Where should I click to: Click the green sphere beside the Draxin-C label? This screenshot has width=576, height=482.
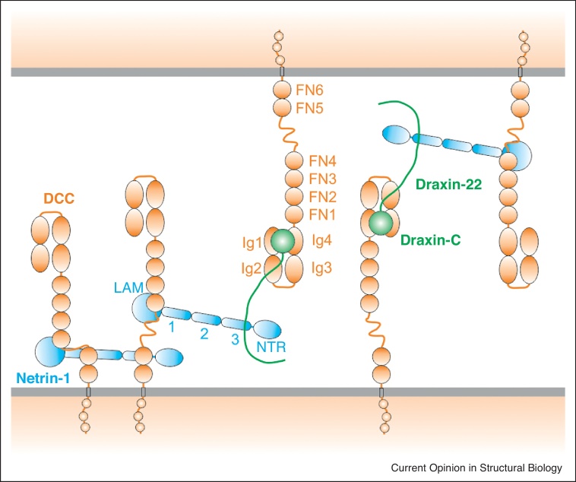tap(381, 222)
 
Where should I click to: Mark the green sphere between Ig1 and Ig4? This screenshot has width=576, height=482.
tap(283, 242)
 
